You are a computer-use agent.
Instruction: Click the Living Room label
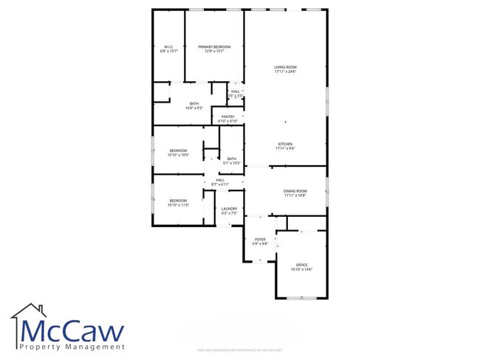(x=285, y=66)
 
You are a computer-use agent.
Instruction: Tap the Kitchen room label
(x=285, y=143)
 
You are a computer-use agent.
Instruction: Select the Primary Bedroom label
(x=214, y=46)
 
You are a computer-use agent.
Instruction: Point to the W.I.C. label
(x=168, y=46)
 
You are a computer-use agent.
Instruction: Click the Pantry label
(x=227, y=116)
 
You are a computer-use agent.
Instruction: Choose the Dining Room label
(x=295, y=191)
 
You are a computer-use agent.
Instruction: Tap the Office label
(x=301, y=264)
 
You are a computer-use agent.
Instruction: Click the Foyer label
(x=260, y=239)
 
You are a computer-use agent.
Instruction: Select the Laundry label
(x=229, y=208)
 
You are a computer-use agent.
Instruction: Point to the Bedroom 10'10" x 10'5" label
(x=179, y=150)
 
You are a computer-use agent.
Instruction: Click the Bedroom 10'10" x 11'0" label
(x=179, y=201)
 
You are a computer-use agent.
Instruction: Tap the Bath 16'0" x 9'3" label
(x=194, y=103)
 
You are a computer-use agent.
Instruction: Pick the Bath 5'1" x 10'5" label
(x=232, y=159)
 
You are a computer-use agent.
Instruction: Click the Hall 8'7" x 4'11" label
(x=220, y=179)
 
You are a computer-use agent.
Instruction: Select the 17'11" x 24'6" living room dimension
(x=285, y=72)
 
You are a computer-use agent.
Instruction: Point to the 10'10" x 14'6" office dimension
(x=301, y=269)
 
